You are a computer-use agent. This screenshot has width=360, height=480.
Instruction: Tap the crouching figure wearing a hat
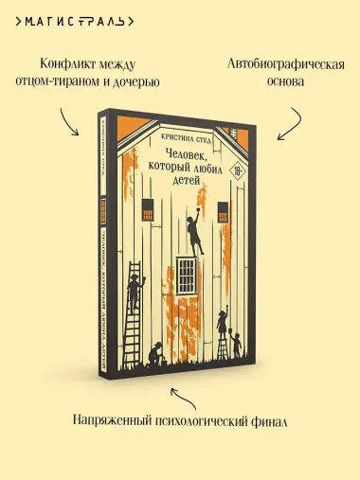pyautogui.click(x=154, y=352)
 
